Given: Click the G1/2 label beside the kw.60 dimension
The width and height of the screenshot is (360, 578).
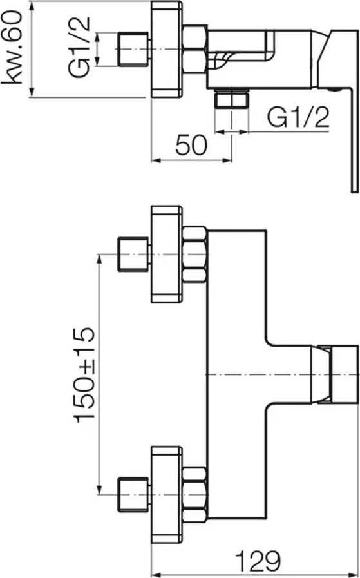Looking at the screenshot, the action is click(x=79, y=48).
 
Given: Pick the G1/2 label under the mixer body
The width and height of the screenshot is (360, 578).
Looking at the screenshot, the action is click(x=298, y=117).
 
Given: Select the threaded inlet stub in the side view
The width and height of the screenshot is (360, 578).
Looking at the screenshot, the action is click(x=133, y=49).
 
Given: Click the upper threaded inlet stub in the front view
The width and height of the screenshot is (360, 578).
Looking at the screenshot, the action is click(x=133, y=255).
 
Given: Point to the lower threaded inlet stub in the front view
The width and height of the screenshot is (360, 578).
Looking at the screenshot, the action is click(x=133, y=494).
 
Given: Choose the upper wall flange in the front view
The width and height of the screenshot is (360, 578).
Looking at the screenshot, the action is click(x=167, y=255).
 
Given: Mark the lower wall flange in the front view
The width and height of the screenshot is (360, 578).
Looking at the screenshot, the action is click(x=167, y=495).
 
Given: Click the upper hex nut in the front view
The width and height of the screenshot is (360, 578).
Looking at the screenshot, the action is click(x=194, y=255).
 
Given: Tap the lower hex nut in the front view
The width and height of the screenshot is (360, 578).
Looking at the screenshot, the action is click(x=194, y=495).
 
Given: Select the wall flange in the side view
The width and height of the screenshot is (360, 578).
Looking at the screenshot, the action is click(x=167, y=49).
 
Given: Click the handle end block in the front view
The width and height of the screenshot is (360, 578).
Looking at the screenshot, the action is click(x=344, y=374).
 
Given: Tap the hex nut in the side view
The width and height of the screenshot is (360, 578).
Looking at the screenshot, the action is click(x=194, y=49).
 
